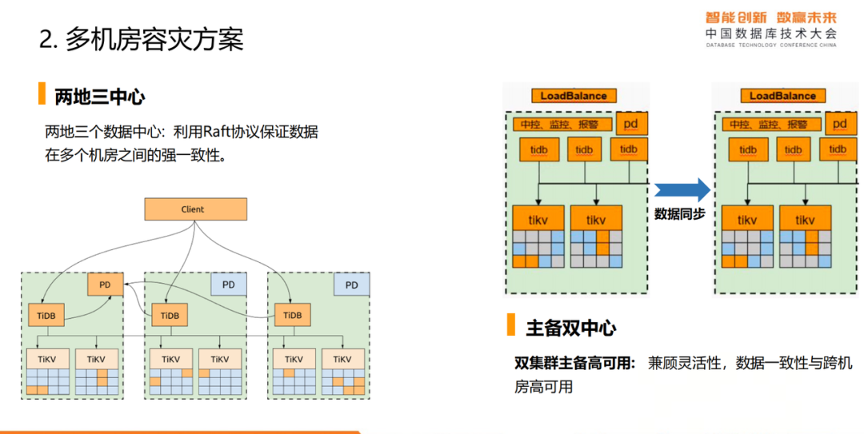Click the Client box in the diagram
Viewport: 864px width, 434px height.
click(x=195, y=209)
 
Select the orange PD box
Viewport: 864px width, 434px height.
click(x=105, y=284)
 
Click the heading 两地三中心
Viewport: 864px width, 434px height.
click(x=99, y=97)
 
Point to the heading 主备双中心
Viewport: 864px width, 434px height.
click(x=570, y=327)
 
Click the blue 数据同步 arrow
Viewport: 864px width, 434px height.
click(x=682, y=190)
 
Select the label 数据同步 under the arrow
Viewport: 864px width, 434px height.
click(x=679, y=214)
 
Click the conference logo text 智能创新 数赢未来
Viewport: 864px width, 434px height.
click(x=770, y=17)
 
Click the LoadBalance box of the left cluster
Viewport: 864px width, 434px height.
click(x=574, y=96)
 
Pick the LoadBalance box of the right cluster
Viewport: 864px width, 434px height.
click(x=782, y=96)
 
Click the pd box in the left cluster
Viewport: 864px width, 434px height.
click(x=631, y=124)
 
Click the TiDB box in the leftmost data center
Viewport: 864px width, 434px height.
click(x=46, y=315)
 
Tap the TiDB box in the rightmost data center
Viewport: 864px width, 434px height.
click(x=292, y=315)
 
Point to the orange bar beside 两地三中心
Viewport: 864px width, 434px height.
click(x=42, y=94)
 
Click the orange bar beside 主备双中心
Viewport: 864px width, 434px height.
click(x=510, y=325)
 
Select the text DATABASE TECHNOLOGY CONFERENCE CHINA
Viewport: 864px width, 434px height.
click(x=770, y=46)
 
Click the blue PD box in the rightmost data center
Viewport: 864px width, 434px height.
click(x=351, y=285)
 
